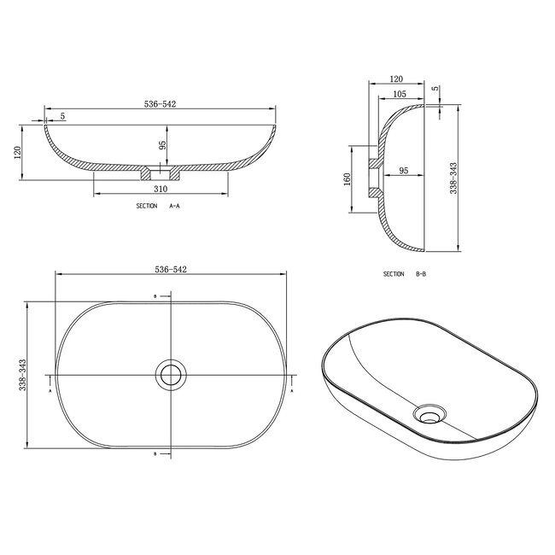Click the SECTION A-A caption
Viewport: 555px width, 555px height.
(x=158, y=207)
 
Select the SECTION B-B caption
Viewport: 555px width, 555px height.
(x=405, y=274)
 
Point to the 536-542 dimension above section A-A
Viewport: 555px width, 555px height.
(x=161, y=104)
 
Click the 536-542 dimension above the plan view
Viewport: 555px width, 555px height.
(x=171, y=269)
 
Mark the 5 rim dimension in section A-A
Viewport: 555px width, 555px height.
(x=62, y=116)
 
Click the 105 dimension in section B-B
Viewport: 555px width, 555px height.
(x=397, y=94)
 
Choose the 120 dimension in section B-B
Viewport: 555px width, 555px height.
(x=395, y=77)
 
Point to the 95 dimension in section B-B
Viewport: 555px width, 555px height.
(x=403, y=171)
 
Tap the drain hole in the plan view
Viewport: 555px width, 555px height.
(x=170, y=375)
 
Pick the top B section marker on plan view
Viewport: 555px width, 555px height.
(x=155, y=296)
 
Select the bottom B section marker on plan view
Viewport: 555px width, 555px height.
(x=155, y=453)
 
